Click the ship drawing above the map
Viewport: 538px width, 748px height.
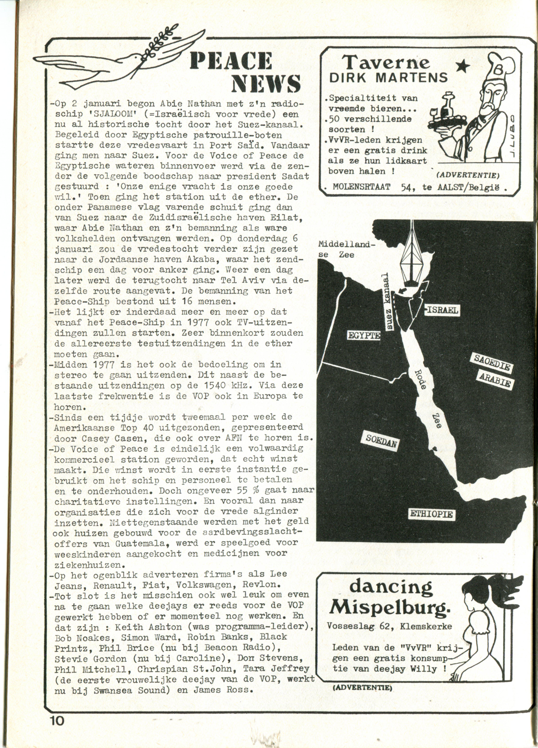pos(411,257)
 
